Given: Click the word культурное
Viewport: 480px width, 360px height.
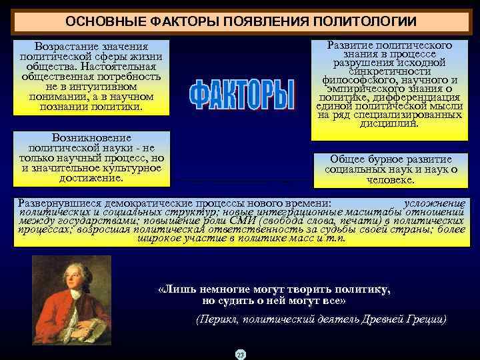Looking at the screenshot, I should [131, 168].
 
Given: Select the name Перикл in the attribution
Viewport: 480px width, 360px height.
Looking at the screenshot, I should [215, 319].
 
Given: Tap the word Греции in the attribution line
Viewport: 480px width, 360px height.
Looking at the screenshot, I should [425, 319].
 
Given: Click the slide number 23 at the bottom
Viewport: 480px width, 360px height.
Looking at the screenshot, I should [241, 354].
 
